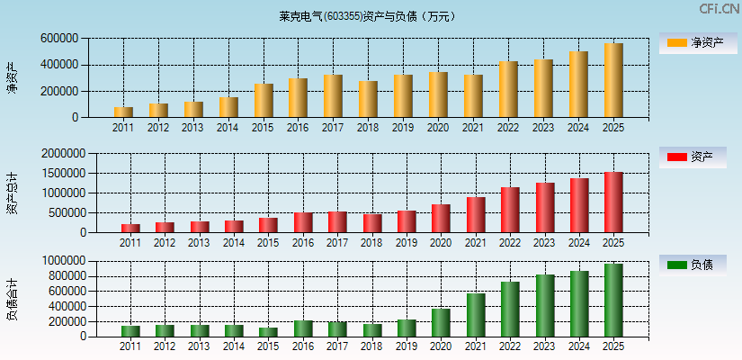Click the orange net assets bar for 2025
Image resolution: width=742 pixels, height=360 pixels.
pyautogui.click(x=613, y=80)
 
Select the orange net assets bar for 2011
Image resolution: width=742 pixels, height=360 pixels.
pyautogui.click(x=123, y=112)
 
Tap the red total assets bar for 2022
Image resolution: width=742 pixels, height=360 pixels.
pyautogui.click(x=510, y=210)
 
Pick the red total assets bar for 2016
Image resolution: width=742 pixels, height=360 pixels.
pyautogui.click(x=303, y=222)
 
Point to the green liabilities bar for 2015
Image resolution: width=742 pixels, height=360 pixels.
pyautogui.click(x=268, y=331)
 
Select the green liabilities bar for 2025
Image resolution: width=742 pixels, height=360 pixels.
pyautogui.click(x=613, y=301)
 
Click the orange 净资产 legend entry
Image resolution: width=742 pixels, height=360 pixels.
pyautogui.click(x=693, y=42)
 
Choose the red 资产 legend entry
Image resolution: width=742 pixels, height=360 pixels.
pyautogui.click(x=693, y=157)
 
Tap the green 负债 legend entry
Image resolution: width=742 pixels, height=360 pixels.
pyautogui.click(x=693, y=265)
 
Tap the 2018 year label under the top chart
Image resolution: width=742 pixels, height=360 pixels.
pyautogui.click(x=368, y=128)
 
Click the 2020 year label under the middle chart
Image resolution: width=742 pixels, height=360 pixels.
pyautogui.click(x=441, y=242)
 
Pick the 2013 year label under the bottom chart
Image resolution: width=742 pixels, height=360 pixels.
pyautogui.click(x=200, y=346)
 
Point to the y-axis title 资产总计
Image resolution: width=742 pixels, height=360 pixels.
pyautogui.click(x=13, y=193)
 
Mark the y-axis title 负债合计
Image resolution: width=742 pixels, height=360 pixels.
pyautogui.click(x=13, y=299)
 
